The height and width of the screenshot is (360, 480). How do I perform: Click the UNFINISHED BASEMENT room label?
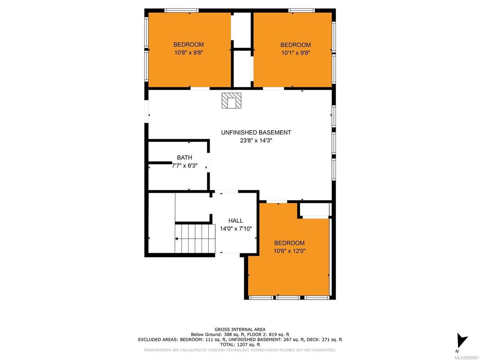pyautogui.click(x=256, y=132)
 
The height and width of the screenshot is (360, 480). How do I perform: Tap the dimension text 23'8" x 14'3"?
pyautogui.click(x=256, y=140)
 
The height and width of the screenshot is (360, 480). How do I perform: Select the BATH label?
pyautogui.click(x=185, y=157)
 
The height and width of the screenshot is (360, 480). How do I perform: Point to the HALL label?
pyautogui.click(x=235, y=221)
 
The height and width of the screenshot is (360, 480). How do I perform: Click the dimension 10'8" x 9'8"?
pyautogui.click(x=188, y=53)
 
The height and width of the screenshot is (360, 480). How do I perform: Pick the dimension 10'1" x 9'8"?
pyautogui.click(x=295, y=53)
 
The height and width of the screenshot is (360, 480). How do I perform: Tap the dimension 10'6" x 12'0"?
pyautogui.click(x=289, y=251)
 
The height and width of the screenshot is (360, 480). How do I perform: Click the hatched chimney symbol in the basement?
pyautogui.click(x=231, y=101)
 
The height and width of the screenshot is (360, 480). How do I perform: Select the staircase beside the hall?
pyautogui.click(x=195, y=238)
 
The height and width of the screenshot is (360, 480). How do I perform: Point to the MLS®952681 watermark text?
pyautogui.click(x=466, y=357)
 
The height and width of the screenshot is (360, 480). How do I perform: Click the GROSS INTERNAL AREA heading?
pyautogui.click(x=240, y=330)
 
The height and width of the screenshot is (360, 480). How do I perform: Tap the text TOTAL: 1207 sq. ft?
pyautogui.click(x=240, y=344)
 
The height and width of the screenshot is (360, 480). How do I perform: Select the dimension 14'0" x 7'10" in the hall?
pyautogui.click(x=236, y=229)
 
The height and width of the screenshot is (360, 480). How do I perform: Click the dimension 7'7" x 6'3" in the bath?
pyautogui.click(x=185, y=166)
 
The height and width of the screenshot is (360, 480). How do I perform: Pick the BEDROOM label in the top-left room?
pyautogui.click(x=188, y=44)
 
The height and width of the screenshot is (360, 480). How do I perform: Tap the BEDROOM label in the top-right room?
pyautogui.click(x=295, y=45)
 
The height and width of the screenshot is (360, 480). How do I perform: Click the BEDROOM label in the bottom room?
pyautogui.click(x=289, y=243)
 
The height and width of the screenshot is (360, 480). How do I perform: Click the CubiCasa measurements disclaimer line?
pyautogui.click(x=240, y=350)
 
